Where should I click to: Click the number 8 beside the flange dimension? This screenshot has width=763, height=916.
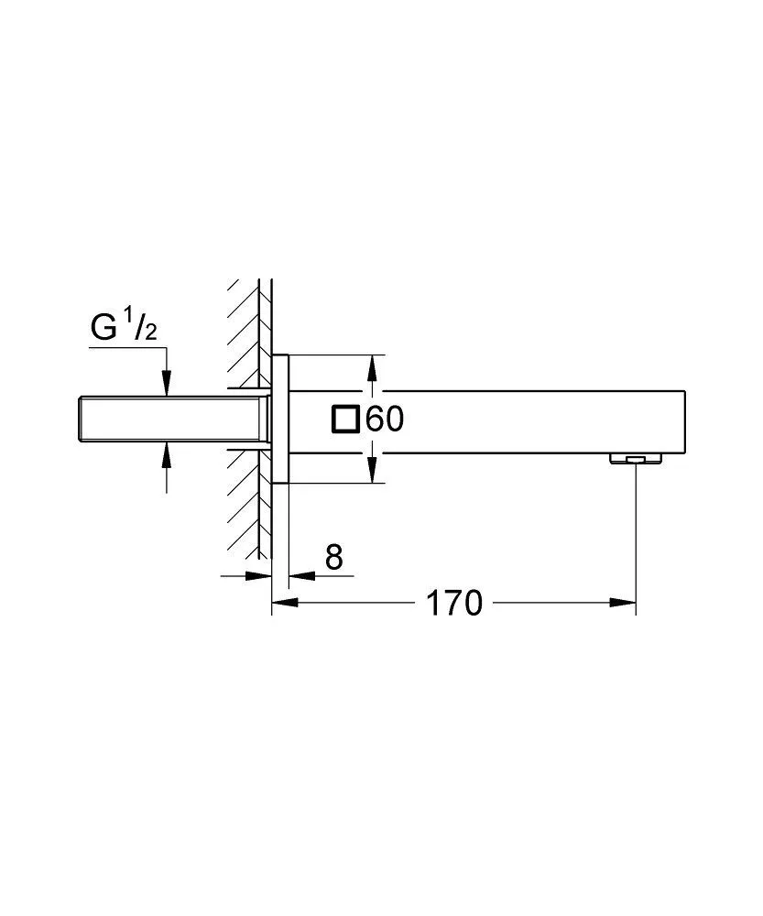point(334,557)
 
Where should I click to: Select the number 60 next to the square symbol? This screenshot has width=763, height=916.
point(385,420)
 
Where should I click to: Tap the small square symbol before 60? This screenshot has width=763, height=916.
point(346,419)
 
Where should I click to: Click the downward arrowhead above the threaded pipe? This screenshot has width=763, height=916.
point(166,385)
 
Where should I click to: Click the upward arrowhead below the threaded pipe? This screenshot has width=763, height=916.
point(166,452)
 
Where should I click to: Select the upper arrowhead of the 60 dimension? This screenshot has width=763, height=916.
point(371,367)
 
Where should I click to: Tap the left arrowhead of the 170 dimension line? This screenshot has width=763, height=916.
point(285,603)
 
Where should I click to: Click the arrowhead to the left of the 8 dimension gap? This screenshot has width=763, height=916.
point(260,576)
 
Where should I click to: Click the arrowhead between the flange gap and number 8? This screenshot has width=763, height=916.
point(301,576)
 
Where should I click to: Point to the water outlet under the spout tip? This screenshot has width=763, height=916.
point(634,457)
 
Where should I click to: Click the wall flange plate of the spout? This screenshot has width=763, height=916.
point(280,419)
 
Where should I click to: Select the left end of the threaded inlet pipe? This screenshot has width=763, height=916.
point(79,419)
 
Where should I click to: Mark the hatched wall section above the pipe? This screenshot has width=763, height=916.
point(244,330)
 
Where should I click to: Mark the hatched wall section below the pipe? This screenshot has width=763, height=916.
point(244,504)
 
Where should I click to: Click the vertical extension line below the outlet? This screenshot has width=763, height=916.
point(635,531)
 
